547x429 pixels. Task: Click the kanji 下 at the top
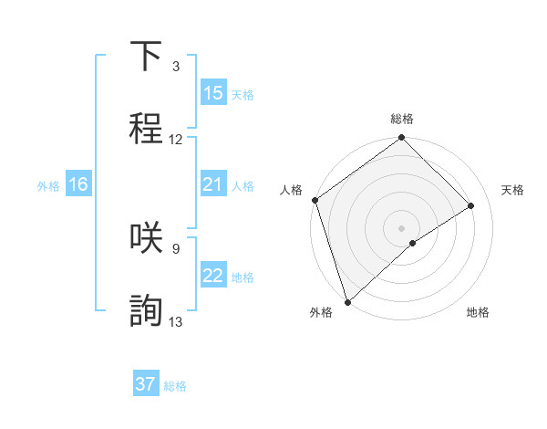pyautogui.click(x=147, y=57)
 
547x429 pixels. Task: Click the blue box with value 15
pyautogui.click(x=213, y=93)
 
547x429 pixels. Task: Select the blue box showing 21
pyautogui.click(x=213, y=184)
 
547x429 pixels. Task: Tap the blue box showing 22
pyautogui.click(x=213, y=276)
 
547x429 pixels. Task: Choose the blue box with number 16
pyautogui.click(x=78, y=184)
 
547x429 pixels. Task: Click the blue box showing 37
pyautogui.click(x=146, y=384)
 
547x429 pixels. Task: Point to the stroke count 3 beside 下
pyautogui.click(x=176, y=67)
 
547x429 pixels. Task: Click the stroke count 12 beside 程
pyautogui.click(x=176, y=140)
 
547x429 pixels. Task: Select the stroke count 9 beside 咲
pyautogui.click(x=176, y=248)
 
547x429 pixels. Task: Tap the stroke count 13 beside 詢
pyautogui.click(x=176, y=321)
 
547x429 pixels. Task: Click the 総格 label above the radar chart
pyautogui.click(x=402, y=119)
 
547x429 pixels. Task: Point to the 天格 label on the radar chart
pyautogui.click(x=513, y=190)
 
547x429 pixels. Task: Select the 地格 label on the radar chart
pyautogui.click(x=478, y=312)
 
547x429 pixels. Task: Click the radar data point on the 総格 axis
pyautogui.click(x=402, y=140)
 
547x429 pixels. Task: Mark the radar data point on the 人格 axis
pyautogui.click(x=315, y=199)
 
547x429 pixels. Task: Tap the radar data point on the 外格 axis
pyautogui.click(x=347, y=301)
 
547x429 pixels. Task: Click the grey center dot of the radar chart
pyautogui.click(x=402, y=227)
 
